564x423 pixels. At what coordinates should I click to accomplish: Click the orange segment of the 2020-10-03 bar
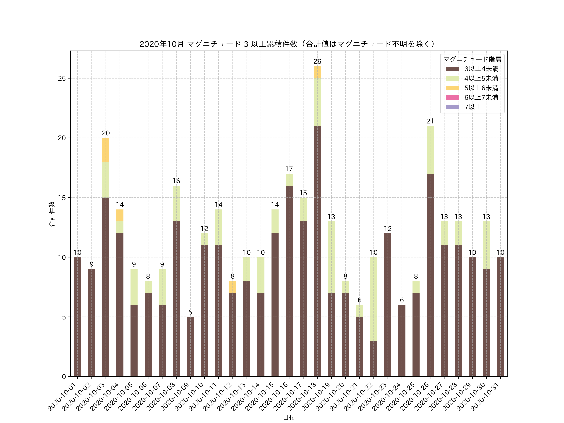[x=106, y=150]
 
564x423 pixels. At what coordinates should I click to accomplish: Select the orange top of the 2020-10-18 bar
[x=317, y=72]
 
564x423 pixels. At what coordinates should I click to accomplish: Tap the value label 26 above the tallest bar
[x=317, y=61]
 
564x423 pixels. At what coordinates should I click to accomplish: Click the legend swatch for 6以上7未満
[x=452, y=97]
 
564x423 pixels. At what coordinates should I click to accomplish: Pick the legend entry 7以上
[x=473, y=107]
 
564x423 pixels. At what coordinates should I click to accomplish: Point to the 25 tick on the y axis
[x=62, y=78]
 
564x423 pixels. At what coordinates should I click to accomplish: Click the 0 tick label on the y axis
[x=64, y=377]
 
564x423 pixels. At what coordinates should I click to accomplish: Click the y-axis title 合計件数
[x=52, y=214]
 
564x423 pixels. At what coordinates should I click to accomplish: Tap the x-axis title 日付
[x=289, y=417]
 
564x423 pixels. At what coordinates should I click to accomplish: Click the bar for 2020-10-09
[x=190, y=347]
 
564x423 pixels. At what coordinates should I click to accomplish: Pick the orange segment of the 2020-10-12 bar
[x=232, y=287]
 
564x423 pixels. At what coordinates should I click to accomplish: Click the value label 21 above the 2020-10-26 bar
[x=430, y=121]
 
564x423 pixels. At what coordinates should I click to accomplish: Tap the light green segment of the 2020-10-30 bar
[x=486, y=245]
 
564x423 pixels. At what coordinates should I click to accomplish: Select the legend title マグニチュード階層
[x=472, y=59]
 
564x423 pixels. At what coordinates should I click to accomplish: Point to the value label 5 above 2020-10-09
[x=190, y=312]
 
